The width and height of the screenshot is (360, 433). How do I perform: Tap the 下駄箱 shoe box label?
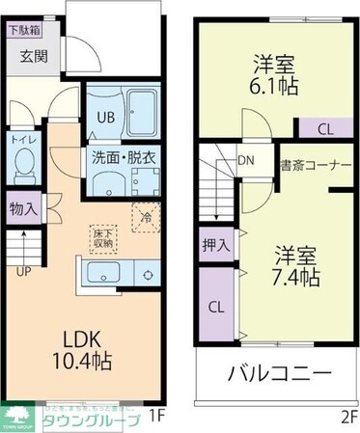[25, 29]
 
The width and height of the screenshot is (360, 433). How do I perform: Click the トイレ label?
[24, 139]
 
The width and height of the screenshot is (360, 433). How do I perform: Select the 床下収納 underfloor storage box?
[101, 239]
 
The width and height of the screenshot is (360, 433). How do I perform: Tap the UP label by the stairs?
[23, 270]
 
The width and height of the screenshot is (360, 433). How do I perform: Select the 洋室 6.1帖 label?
[274, 73]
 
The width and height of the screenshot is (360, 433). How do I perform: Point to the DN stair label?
[245, 163]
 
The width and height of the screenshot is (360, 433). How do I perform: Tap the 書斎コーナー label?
[316, 165]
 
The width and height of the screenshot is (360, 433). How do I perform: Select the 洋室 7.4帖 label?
[295, 266]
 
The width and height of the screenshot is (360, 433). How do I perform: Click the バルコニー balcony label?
[281, 374]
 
